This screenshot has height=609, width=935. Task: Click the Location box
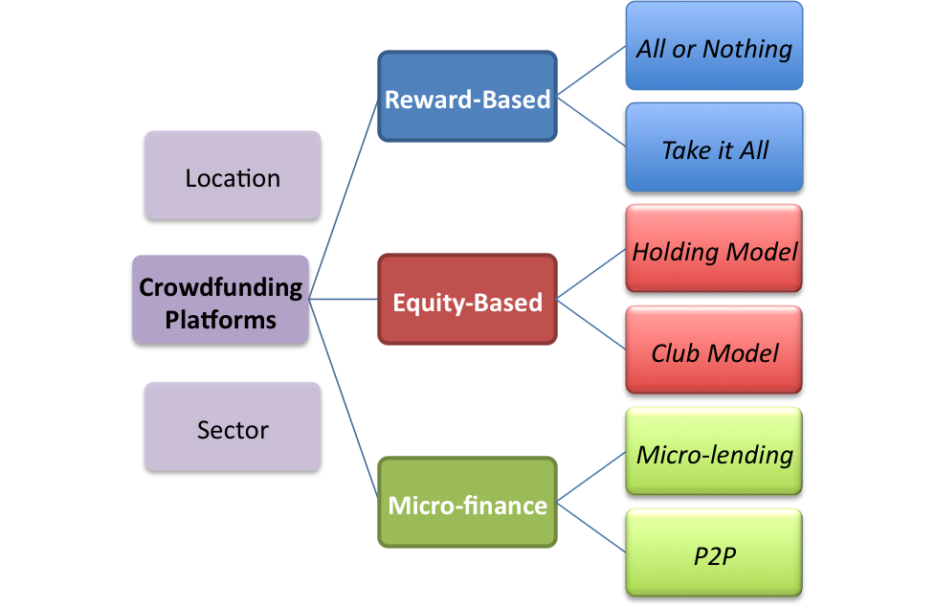coord(233,175)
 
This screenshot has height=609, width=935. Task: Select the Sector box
coord(233,426)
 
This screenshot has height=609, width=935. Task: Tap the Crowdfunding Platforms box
coord(221,300)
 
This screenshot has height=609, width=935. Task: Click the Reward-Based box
coord(467,96)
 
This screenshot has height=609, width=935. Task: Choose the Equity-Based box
coord(467,299)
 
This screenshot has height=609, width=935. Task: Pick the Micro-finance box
coord(467,502)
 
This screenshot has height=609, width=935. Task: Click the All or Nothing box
coord(714,45)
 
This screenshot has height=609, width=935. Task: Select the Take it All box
coord(714,147)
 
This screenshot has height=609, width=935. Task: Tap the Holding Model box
coord(714,248)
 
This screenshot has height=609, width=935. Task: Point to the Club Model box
coord(714,350)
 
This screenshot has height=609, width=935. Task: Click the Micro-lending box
coord(714,452)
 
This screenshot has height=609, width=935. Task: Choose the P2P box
coord(714,553)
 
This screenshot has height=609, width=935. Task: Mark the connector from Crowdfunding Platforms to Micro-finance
coord(344,400)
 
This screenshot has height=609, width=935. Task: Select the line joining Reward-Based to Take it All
coord(591,122)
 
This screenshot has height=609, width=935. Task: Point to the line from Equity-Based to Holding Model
coord(591,274)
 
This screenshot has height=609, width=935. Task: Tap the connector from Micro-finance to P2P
coord(591,528)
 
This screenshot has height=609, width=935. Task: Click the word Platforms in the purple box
coord(221,320)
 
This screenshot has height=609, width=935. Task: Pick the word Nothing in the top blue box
coord(747,50)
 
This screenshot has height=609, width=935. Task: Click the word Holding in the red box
coord(676,252)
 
